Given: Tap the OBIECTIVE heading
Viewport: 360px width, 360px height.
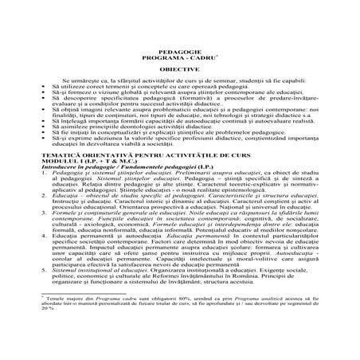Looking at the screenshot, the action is pos(180,68).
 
